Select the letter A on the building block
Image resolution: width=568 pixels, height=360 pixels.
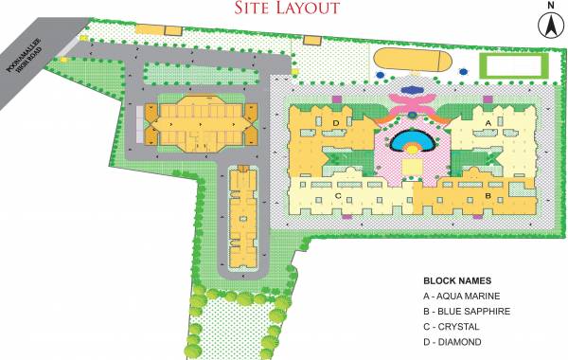coord(488,123)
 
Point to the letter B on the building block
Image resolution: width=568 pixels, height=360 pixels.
coord(487,196)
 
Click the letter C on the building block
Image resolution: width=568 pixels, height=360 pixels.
coord(338,196)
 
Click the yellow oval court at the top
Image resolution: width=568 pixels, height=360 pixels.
coord(413,62)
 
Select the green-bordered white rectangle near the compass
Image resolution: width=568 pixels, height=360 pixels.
coord(515,65)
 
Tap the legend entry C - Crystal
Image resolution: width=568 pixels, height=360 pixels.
coord(454,327)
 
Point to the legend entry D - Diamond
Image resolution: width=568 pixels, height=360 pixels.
coord(454,342)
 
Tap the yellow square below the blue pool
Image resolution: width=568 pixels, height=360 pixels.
coord(413,169)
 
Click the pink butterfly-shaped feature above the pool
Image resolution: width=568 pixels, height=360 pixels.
coord(413,98)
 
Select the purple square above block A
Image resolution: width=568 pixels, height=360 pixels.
coord(487,98)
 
